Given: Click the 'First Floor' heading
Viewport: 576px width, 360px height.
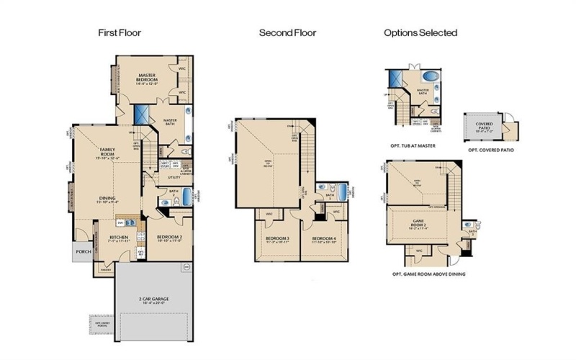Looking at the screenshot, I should [120, 32].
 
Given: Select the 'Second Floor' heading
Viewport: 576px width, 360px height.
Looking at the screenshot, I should [287, 32].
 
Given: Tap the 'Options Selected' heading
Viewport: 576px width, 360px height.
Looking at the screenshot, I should [420, 32].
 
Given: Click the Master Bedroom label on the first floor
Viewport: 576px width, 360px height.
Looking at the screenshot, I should [148, 76].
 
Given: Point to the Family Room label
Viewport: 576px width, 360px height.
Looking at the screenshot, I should [108, 152].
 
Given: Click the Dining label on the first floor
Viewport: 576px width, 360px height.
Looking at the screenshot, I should [108, 199].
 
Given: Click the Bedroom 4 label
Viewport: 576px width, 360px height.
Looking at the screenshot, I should [325, 238].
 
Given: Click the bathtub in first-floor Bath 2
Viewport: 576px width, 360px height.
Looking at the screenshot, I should [186, 196].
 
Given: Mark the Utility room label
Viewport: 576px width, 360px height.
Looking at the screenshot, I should [174, 176].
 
